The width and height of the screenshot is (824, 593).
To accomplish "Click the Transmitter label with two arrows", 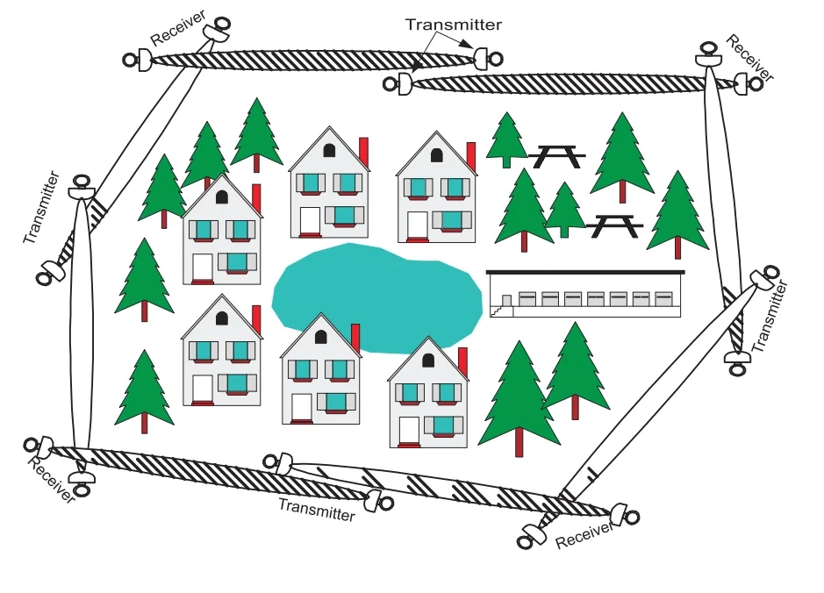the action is pos(454,25).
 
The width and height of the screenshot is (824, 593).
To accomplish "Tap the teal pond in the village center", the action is pos(376,297).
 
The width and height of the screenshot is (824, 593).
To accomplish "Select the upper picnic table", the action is pos(556,156).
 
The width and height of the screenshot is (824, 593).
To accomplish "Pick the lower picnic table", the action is pos(614,225).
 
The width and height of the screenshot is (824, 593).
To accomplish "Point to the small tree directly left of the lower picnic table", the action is pos(564,210).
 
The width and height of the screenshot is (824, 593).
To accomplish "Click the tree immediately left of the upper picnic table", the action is pos(506,139).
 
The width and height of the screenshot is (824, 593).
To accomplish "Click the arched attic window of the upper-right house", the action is pos(437,155).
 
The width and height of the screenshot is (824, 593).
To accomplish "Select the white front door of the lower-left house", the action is pos(203,389).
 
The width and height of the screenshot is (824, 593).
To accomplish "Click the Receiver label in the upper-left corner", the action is pos(178,28).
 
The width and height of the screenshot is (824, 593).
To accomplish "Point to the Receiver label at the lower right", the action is pos(584,535).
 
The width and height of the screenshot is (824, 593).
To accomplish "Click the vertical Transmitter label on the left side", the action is pos(41,208).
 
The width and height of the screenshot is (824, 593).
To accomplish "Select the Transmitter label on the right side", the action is pos(770,316).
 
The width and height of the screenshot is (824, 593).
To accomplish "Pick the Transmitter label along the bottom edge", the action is pos(317,510).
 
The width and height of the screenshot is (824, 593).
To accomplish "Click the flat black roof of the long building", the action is pos(585,272).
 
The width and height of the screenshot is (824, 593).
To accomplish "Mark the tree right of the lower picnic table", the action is pos(677,214).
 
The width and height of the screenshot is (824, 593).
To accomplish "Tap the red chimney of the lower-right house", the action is pos(463,363).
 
